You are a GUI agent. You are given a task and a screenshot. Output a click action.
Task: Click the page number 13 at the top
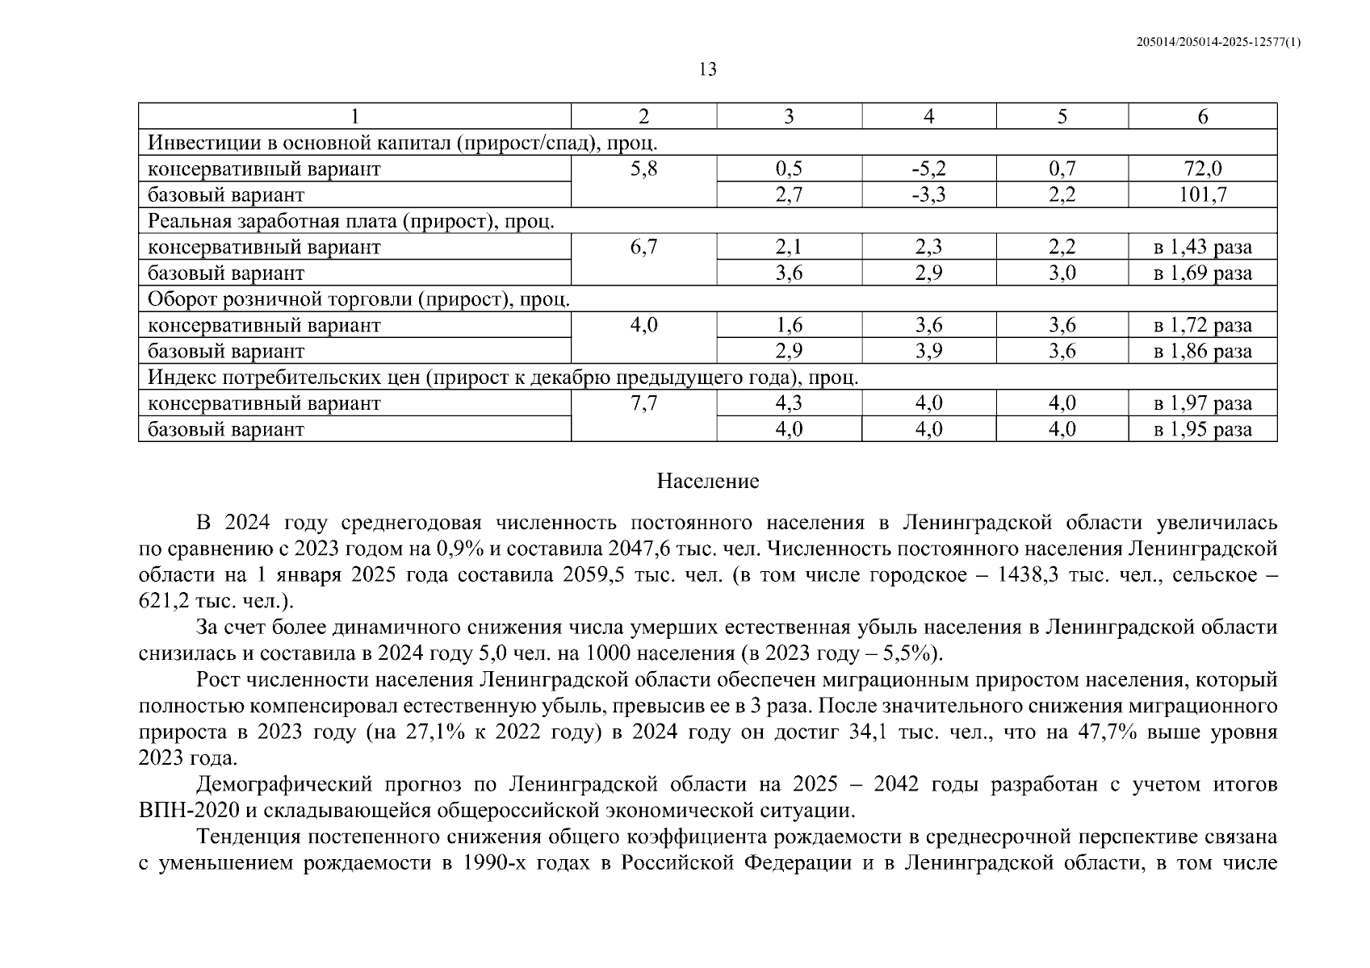click(707, 69)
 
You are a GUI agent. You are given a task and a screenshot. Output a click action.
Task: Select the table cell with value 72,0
click(1202, 169)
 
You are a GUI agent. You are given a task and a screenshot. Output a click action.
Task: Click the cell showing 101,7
click(1202, 194)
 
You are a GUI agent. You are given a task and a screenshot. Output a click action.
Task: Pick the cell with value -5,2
click(928, 169)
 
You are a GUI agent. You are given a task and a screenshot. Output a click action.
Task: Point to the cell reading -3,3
click(928, 194)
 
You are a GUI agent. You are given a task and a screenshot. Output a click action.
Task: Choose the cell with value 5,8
click(643, 169)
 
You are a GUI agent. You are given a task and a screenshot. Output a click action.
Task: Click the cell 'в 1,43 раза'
click(1202, 247)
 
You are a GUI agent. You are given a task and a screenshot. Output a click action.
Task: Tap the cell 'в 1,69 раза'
click(1202, 273)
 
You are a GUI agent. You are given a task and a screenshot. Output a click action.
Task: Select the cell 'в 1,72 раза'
click(1202, 325)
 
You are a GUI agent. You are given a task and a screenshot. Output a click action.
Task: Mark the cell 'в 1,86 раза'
click(1202, 351)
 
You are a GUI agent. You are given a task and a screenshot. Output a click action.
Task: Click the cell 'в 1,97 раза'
click(1202, 403)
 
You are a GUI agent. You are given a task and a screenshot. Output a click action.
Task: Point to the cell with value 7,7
click(643, 403)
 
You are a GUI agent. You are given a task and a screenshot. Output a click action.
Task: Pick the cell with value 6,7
click(643, 247)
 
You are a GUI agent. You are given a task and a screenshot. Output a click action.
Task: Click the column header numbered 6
click(1202, 116)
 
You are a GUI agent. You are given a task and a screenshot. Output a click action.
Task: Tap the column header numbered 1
click(354, 116)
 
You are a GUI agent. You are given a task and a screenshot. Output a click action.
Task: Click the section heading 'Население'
click(707, 482)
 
